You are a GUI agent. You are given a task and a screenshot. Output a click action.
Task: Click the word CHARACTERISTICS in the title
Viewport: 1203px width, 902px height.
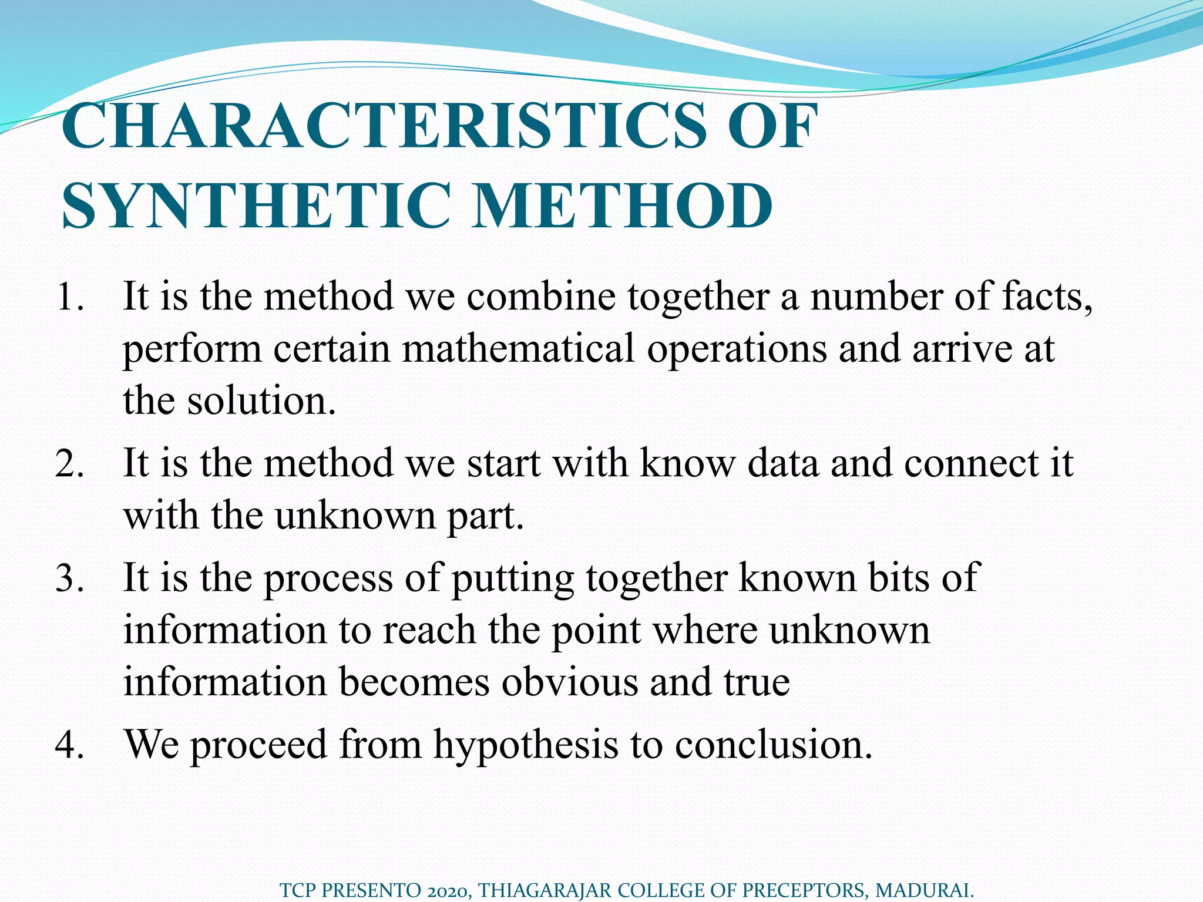pyautogui.click(x=382, y=126)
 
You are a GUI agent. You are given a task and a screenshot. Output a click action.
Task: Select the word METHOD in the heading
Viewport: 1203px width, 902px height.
pyautogui.click(x=623, y=206)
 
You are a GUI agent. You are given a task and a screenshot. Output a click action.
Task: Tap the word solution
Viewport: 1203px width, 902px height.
pyautogui.click(x=261, y=400)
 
